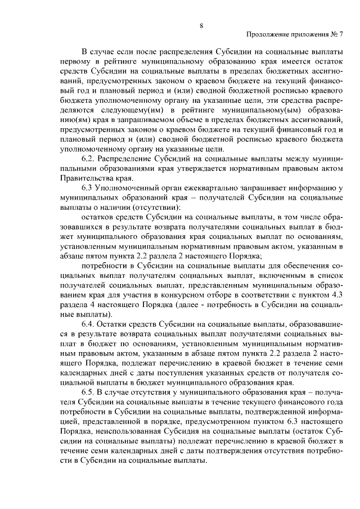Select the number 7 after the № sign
click(341, 35)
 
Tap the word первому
click(74, 61)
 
